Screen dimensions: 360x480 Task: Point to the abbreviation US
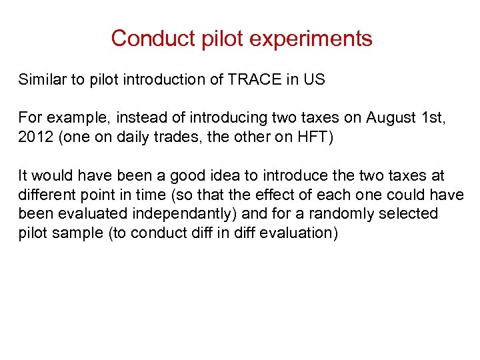(313, 80)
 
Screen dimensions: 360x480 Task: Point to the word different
(45, 195)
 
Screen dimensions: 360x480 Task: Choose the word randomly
(359, 214)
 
